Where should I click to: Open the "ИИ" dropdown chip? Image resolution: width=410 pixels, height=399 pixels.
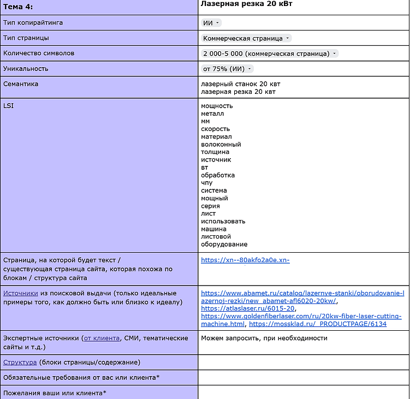(211, 23)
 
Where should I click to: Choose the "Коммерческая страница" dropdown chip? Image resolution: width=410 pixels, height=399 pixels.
(246, 38)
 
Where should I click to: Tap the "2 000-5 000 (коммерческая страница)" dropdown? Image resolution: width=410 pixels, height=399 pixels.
(270, 53)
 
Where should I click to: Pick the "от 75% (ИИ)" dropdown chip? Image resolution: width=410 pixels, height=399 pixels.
(227, 69)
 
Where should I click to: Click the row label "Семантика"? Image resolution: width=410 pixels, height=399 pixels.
(21, 84)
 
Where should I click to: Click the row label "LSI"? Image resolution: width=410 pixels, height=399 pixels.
(8, 105)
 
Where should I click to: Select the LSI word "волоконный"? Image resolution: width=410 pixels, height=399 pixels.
(221, 145)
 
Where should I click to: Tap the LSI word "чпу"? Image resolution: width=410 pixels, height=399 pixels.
(207, 183)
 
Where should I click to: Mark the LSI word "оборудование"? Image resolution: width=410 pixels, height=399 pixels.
(224, 244)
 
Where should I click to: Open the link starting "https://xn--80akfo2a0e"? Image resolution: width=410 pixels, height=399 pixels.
(245, 260)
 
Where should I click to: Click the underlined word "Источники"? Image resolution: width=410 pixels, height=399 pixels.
(20, 293)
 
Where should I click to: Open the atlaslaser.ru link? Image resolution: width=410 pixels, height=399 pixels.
(247, 308)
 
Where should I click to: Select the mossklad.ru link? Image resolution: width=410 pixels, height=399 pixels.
(318, 324)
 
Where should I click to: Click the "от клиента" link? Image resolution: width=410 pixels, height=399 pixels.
(102, 338)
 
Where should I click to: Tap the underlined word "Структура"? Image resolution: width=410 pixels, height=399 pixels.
(20, 362)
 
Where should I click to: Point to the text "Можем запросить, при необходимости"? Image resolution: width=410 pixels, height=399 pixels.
(264, 338)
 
